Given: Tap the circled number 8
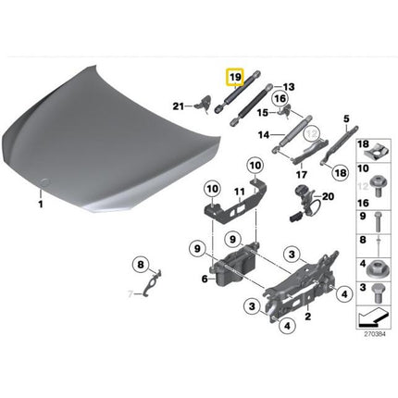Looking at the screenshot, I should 142,266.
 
